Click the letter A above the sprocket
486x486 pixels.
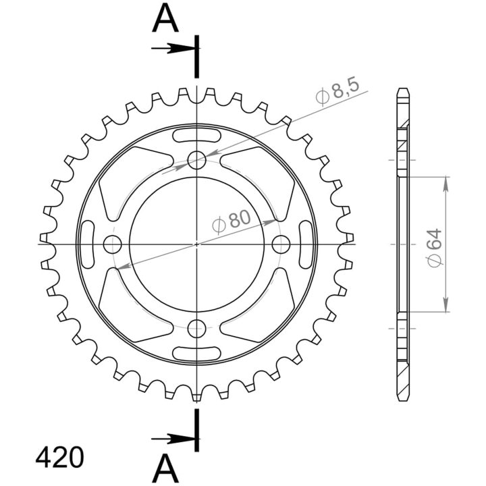click(x=165, y=18)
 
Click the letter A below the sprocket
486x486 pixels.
click(x=165, y=468)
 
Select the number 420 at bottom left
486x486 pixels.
click(x=59, y=458)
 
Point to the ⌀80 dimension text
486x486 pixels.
click(x=232, y=220)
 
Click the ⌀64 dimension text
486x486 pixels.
click(x=434, y=248)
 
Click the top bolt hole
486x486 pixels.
click(x=197, y=160)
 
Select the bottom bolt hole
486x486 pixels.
click(x=197, y=329)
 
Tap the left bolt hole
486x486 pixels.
click(x=113, y=244)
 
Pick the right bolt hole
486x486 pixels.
click(x=281, y=244)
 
